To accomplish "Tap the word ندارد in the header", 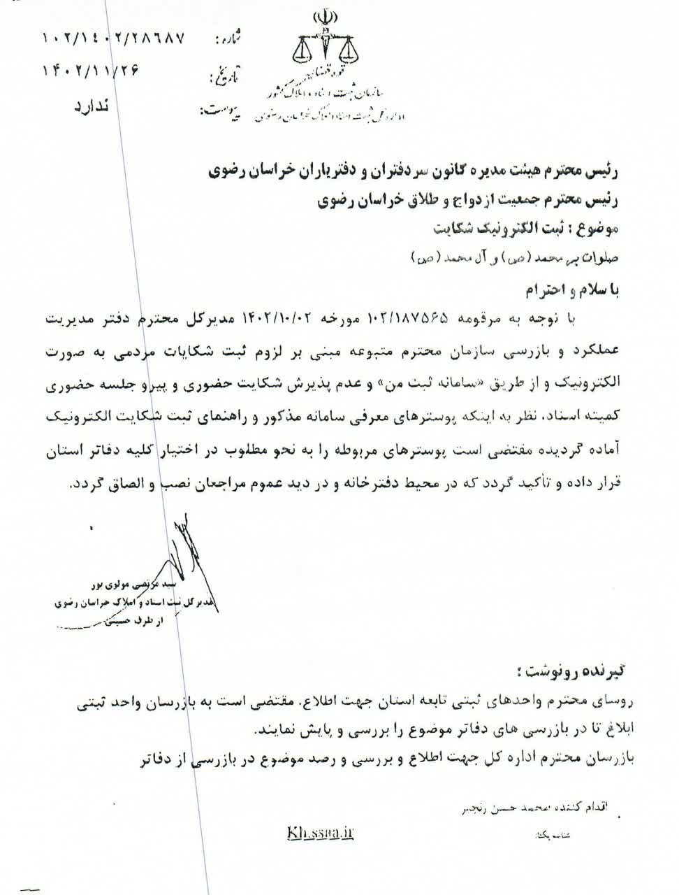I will (x=90, y=107).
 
